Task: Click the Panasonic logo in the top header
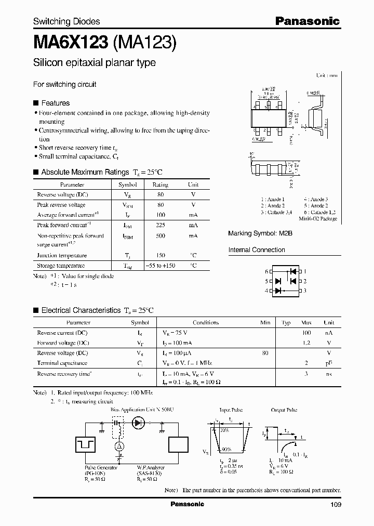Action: point(307,21)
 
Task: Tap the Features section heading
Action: point(55,103)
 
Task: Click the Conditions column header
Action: point(205,322)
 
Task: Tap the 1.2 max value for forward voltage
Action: point(306,343)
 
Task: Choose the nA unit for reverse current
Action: point(328,333)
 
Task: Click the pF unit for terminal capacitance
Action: point(328,363)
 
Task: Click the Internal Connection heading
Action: point(257,250)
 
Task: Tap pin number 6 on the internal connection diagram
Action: point(266,271)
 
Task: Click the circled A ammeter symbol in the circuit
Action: point(119,446)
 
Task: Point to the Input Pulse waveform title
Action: point(231,410)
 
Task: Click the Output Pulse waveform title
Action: point(284,410)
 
